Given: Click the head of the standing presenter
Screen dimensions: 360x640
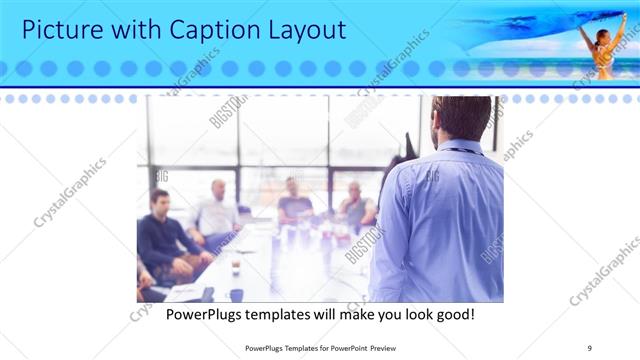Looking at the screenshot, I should click(x=461, y=118).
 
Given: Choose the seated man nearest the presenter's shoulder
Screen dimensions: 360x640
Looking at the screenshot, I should click(x=354, y=206).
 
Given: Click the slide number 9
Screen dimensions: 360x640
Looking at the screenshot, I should click(x=590, y=347).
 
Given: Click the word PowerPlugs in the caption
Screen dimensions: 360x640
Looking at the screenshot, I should click(x=204, y=315).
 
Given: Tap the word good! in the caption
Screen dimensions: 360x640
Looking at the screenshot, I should click(x=454, y=315).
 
